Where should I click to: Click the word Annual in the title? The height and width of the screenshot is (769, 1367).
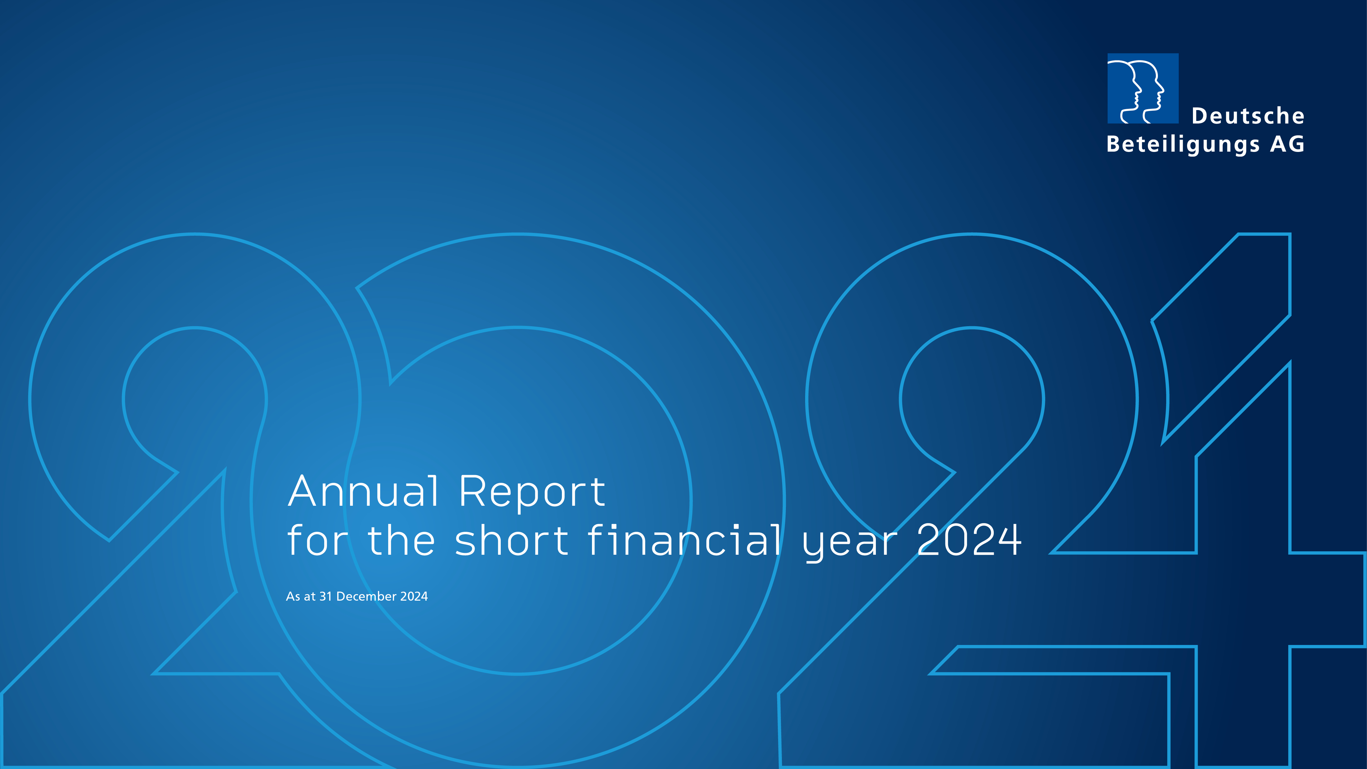pos(364,491)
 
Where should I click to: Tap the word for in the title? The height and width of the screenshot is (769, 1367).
pos(317,540)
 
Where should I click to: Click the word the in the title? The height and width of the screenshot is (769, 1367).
pos(401,540)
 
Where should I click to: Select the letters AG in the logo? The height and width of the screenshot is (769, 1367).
pos(1287,144)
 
